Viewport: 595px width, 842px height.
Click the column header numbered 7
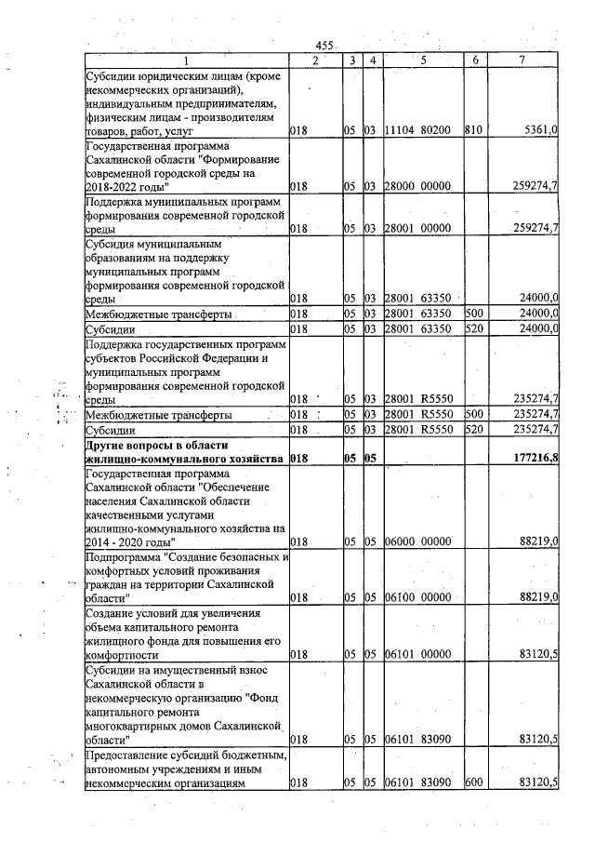[x=527, y=60]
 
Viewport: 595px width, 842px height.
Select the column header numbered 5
[x=422, y=60]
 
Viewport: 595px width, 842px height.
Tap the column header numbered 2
[x=315, y=60]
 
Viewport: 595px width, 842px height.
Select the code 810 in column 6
[x=472, y=133]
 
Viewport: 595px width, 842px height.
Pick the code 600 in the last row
[x=472, y=783]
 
